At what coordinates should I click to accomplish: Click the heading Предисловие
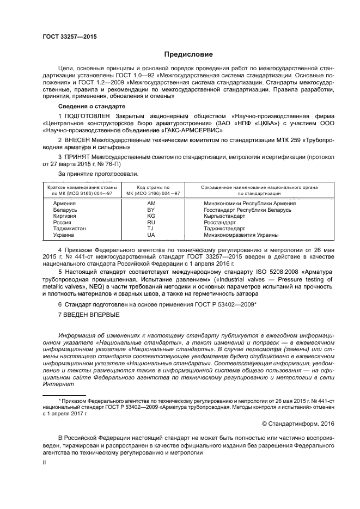point(185,54)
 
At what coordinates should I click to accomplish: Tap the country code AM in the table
point(151,203)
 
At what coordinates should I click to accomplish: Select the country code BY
point(151,209)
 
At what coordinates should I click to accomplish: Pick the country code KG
point(151,216)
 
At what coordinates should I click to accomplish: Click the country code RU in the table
point(151,222)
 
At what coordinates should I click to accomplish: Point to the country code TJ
point(151,229)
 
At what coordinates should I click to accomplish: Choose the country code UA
point(151,235)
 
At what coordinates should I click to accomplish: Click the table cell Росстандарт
point(220,222)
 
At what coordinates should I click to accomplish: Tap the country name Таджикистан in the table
point(69,229)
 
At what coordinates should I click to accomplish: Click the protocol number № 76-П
point(108,164)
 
